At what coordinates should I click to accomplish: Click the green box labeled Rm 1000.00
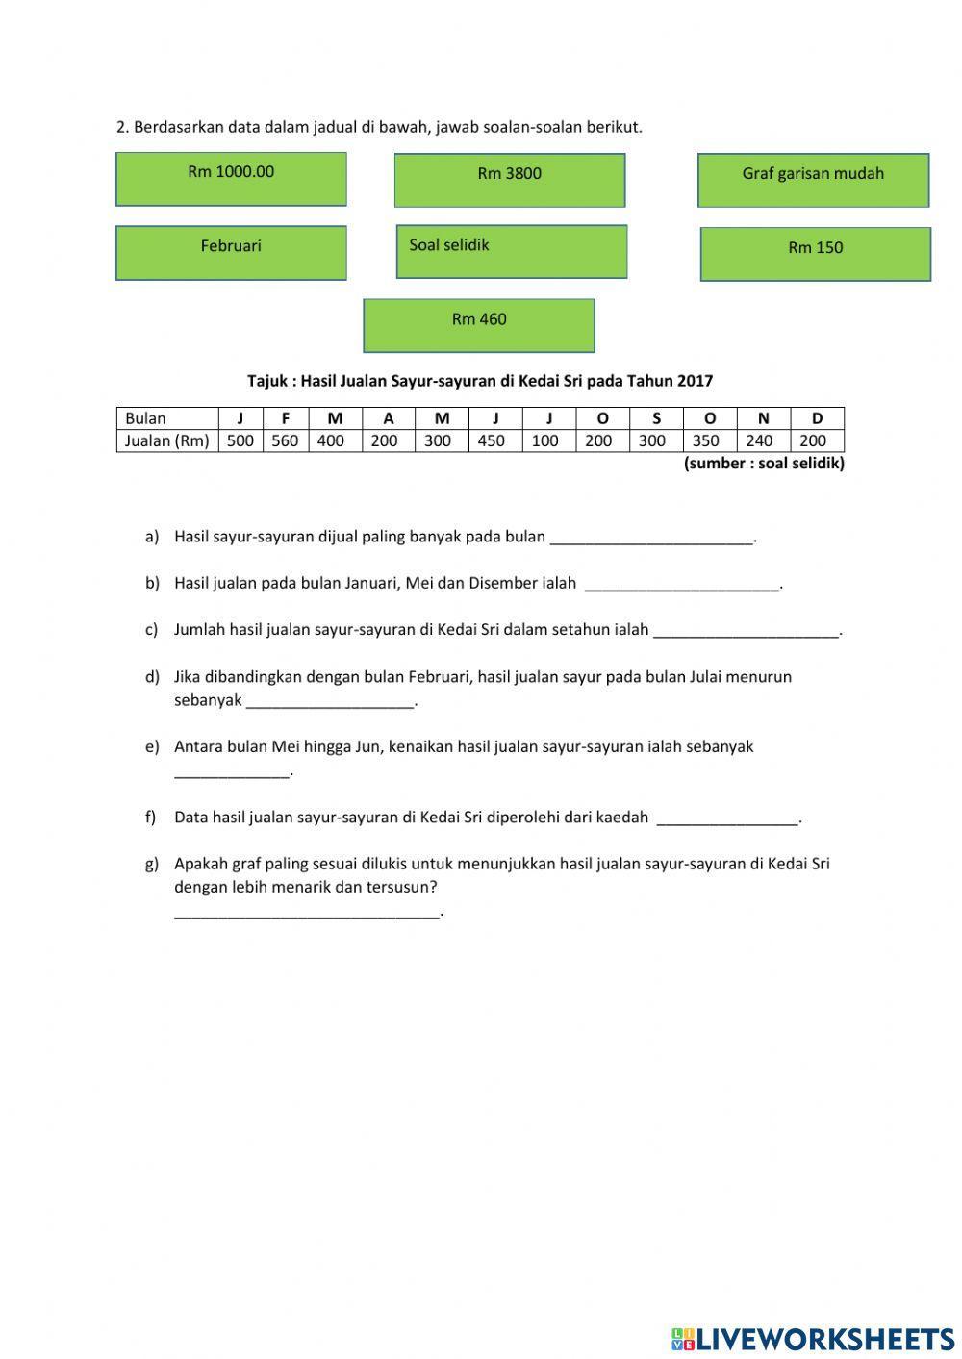click(x=231, y=179)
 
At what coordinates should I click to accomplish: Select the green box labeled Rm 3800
click(x=509, y=180)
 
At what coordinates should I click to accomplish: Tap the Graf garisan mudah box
click(x=813, y=180)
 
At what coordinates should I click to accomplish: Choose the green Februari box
click(x=231, y=253)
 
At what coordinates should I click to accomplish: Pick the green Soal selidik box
click(x=511, y=252)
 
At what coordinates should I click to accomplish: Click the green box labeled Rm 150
click(x=815, y=254)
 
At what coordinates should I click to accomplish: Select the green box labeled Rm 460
click(x=478, y=325)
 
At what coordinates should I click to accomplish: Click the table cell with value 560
click(x=285, y=441)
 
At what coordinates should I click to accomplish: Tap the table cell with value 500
click(x=240, y=441)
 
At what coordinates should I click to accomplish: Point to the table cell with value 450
click(x=492, y=441)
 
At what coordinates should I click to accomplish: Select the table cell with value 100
click(x=544, y=441)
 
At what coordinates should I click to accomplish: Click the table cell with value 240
click(x=759, y=441)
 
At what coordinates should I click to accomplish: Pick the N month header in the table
click(x=763, y=418)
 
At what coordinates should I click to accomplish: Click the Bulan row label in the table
click(x=146, y=418)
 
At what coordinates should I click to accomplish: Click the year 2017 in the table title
click(x=695, y=381)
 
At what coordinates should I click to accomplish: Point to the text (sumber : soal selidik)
click(x=764, y=464)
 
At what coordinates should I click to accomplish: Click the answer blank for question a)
click(x=651, y=538)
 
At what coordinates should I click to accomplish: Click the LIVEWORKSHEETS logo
click(x=813, y=1338)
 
